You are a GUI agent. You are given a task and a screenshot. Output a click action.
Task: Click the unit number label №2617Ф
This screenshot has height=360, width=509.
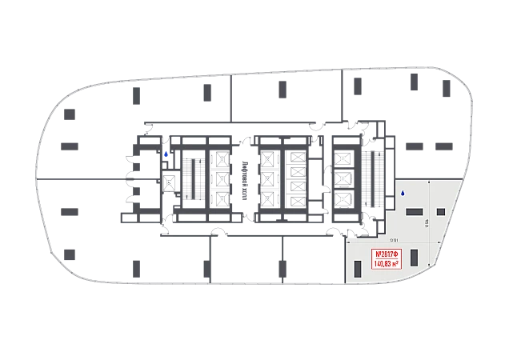tap(388, 254)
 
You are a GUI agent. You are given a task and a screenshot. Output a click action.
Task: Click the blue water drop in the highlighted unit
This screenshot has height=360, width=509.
tap(403, 193)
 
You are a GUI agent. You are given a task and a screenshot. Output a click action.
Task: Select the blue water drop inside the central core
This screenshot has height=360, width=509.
tap(166, 154)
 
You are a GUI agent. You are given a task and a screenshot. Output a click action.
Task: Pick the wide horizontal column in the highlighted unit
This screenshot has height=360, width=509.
tap(416, 211)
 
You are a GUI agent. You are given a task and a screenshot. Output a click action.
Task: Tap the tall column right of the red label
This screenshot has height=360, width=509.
tap(415, 258)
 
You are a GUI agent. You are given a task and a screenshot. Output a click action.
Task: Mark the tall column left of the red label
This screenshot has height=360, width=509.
tap(356, 258)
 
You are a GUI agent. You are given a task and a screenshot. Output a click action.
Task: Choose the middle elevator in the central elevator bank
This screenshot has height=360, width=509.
tap(267, 178)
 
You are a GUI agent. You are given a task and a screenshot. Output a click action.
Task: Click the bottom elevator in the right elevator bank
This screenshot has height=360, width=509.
tap(343, 197)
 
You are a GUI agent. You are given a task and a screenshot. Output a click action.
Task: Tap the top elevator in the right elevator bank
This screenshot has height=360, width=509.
tap(343, 158)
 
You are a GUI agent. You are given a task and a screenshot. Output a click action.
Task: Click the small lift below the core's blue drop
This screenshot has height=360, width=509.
tap(169, 182)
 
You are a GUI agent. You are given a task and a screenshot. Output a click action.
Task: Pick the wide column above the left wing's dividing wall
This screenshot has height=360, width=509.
tap(70, 146)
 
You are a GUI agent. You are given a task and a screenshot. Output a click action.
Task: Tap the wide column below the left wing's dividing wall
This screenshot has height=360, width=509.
tap(70, 211)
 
